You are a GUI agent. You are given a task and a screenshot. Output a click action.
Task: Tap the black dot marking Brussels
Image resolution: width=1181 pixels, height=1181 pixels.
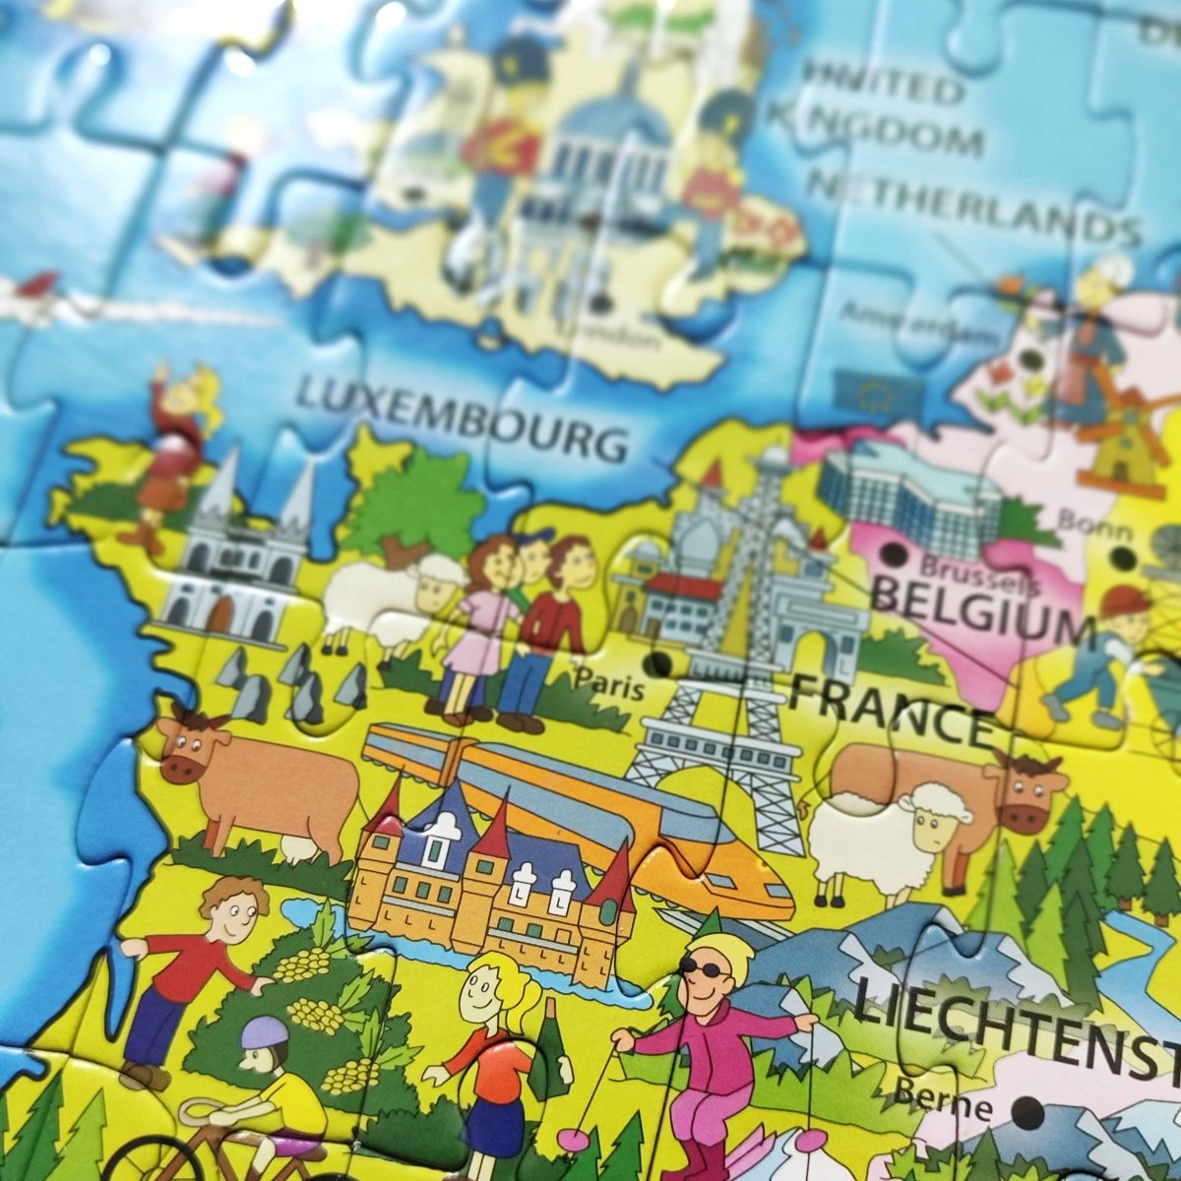(893, 556)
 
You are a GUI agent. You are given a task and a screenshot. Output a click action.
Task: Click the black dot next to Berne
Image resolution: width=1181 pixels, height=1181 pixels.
(1026, 1113)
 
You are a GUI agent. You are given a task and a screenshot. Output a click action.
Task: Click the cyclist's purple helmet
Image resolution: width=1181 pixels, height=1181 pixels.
(265, 1032)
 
